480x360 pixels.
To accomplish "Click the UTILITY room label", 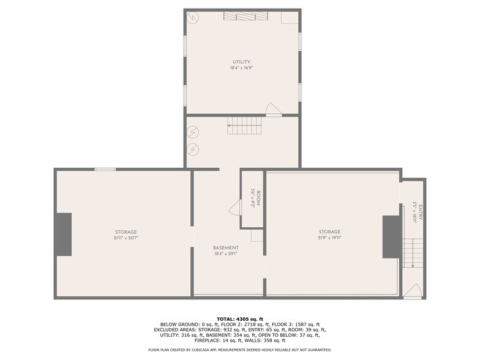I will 242,62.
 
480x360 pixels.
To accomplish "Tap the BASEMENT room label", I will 226,247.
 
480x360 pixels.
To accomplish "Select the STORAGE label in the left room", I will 126,232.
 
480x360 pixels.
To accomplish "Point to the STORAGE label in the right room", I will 329,232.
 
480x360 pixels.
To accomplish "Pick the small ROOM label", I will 258,200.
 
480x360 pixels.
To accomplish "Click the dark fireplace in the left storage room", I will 63,234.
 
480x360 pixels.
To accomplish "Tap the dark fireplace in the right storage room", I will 391,237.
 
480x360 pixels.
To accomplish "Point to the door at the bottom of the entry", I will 414,290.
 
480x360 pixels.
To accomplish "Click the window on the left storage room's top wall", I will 105,169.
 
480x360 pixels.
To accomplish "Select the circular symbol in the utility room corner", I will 193,18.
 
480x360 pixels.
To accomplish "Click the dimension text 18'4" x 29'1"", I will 226,254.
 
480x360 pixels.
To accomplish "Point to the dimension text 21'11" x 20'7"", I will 126,239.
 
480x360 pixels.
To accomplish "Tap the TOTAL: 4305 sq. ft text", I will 239,319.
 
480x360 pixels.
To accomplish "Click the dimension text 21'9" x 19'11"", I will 329,239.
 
